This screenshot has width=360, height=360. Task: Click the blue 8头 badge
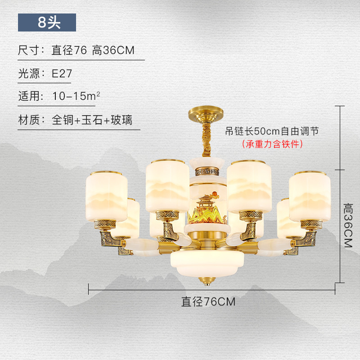47,22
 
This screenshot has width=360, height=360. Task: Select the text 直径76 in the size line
69,50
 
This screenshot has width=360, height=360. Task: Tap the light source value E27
62,74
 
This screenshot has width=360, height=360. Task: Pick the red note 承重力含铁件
272,144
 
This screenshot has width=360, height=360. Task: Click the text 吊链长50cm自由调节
272,131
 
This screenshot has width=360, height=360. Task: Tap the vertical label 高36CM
348,225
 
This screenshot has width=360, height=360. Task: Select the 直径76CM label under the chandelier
208,301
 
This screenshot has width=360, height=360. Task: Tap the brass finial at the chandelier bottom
208,280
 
